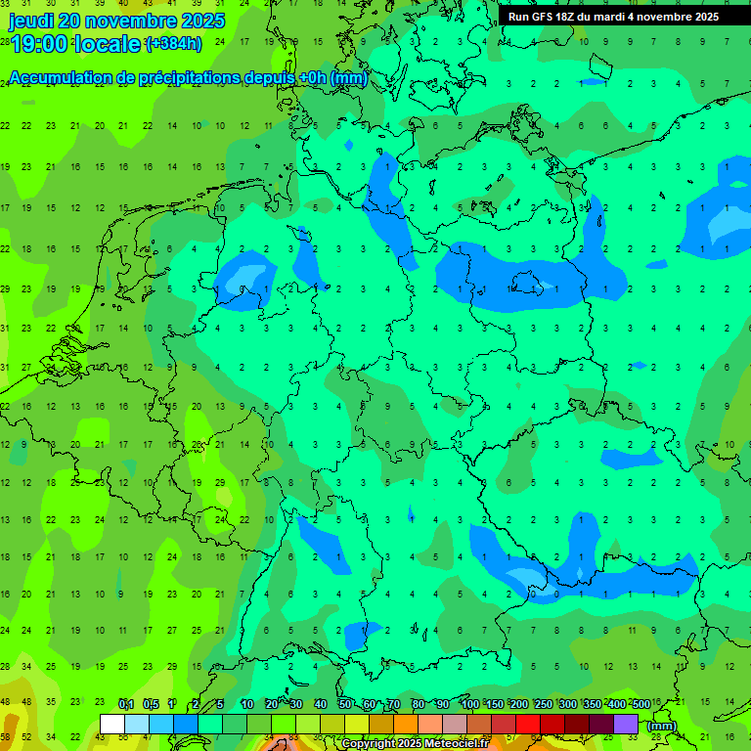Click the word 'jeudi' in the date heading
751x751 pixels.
[31, 21]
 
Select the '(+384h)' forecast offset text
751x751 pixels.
[173, 44]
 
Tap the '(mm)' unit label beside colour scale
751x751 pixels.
[662, 726]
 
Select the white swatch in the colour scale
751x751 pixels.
[112, 725]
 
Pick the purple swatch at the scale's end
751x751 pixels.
[626, 725]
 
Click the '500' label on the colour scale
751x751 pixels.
[641, 704]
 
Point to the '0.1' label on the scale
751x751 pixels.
[126, 704]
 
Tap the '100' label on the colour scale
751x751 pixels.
[469, 704]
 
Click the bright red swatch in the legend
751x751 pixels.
[528, 725]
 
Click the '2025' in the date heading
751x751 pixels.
[203, 21]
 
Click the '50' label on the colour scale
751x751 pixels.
[345, 704]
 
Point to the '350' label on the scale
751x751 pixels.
[592, 704]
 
